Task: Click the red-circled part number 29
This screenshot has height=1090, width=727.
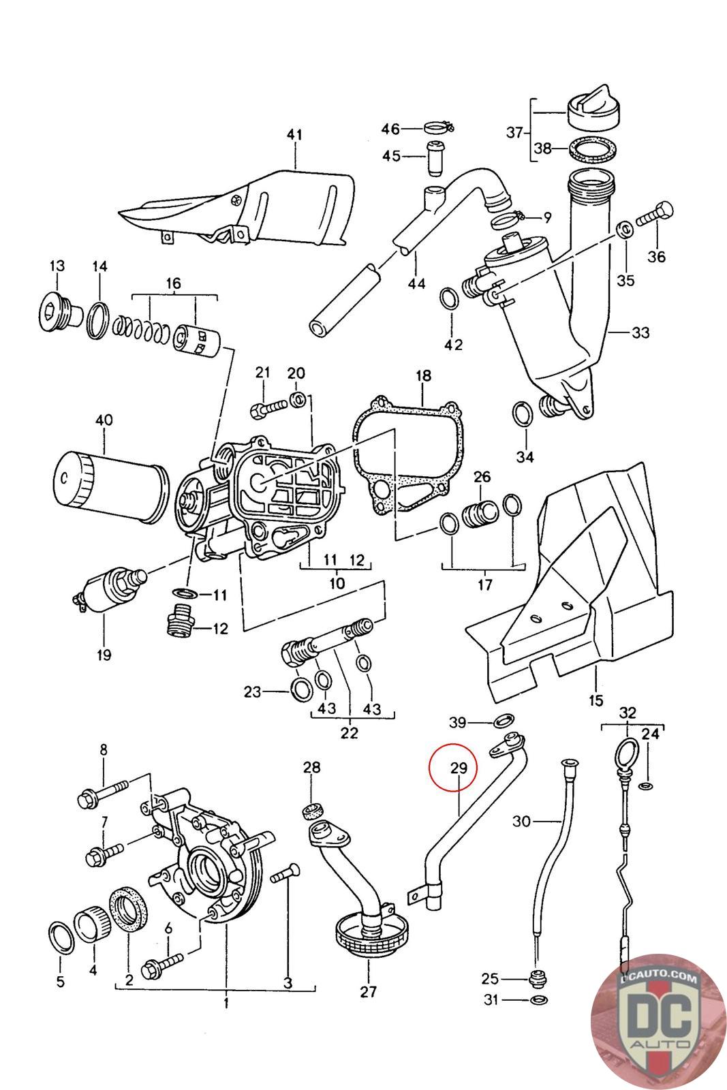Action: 458,768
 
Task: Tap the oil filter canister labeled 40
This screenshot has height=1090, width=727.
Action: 111,487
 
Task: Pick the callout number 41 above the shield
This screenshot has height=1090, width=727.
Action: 294,134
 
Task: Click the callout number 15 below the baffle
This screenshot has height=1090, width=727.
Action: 595,700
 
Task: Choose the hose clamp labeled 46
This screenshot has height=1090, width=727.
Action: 438,129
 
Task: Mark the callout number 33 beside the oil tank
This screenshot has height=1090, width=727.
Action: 640,333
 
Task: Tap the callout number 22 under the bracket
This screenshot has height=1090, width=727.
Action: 349,733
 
